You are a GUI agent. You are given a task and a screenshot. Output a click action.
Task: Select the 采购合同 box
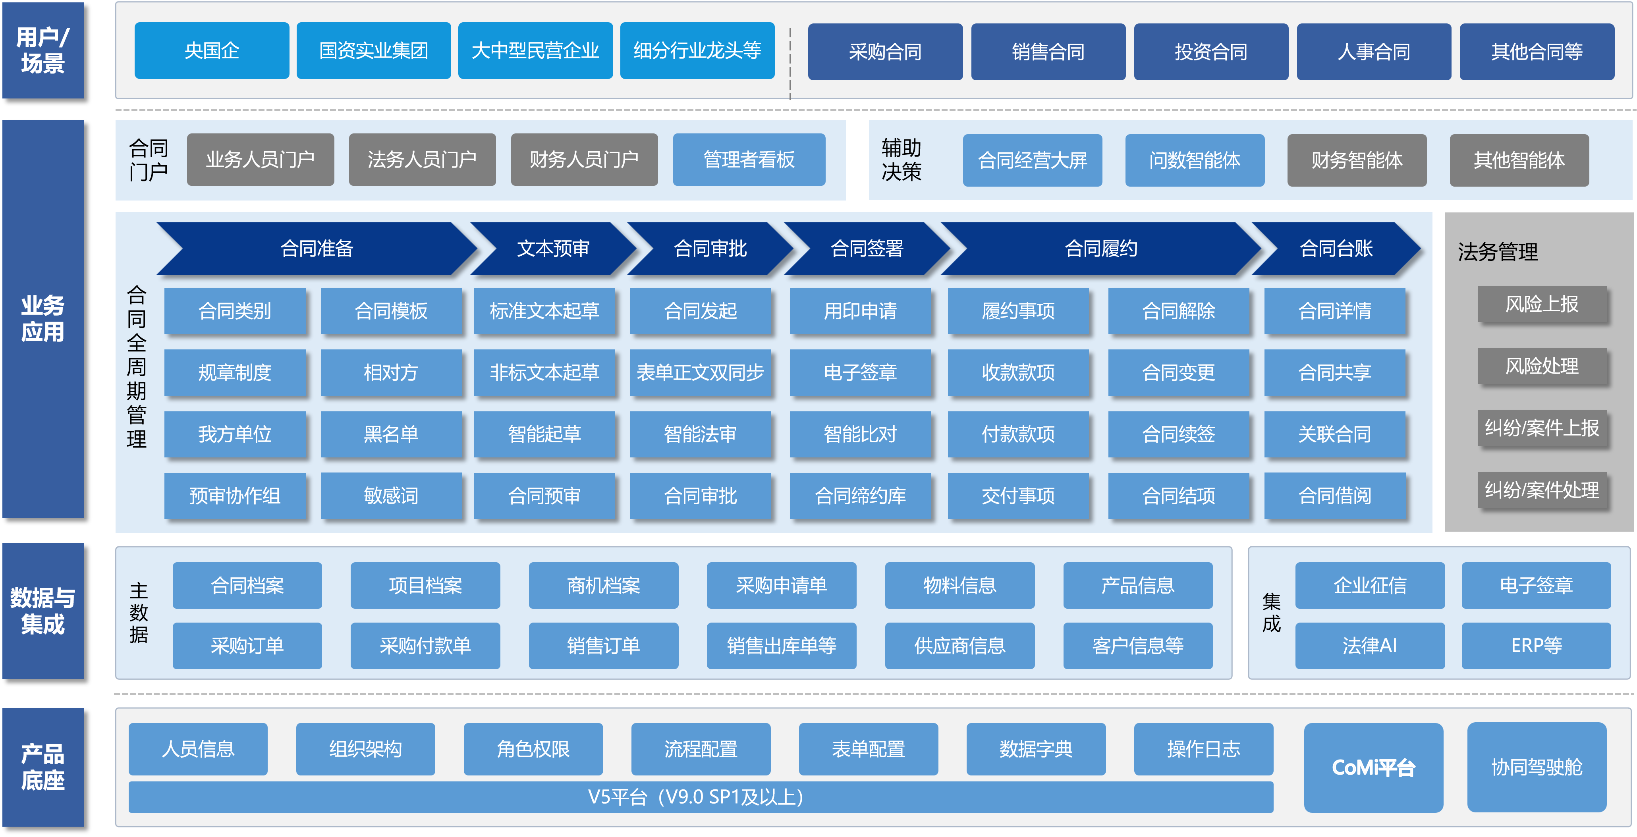(x=885, y=52)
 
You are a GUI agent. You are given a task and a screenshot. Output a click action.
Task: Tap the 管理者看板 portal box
(x=749, y=160)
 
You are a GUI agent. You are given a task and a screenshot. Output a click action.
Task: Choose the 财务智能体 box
(x=1357, y=160)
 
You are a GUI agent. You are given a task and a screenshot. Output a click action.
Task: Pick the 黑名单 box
(x=391, y=434)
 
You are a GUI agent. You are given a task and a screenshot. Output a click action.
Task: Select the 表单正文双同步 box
(x=700, y=372)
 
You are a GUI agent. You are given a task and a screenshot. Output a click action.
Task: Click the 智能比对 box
(x=860, y=434)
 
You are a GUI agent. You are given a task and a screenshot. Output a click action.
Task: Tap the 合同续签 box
(x=1178, y=434)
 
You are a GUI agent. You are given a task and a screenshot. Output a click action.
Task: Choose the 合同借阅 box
(x=1334, y=496)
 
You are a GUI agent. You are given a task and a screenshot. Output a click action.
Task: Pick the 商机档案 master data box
(x=603, y=585)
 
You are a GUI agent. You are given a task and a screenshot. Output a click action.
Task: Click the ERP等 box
(x=1536, y=646)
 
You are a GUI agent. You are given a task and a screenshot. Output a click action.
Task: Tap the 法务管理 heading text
(x=1498, y=252)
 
